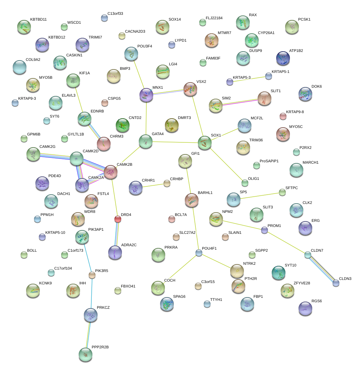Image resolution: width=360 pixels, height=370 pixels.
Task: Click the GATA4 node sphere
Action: click(x=145, y=141)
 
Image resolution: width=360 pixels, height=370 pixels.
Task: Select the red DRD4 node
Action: click(x=118, y=219)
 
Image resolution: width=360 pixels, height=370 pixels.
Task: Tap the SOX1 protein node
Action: click(x=205, y=142)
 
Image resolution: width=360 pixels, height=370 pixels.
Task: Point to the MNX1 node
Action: click(x=147, y=95)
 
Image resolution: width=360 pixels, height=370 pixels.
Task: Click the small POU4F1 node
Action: click(x=199, y=253)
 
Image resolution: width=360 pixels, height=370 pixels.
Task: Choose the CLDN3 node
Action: click(x=336, y=283)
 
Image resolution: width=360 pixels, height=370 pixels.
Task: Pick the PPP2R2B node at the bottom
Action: click(x=85, y=355)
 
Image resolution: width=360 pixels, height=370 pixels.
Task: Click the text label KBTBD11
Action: click(x=38, y=19)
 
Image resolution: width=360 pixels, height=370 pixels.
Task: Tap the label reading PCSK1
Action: click(x=304, y=20)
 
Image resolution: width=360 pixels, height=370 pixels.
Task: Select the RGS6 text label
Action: click(x=316, y=301)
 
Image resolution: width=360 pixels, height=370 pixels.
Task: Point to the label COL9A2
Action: click(x=33, y=59)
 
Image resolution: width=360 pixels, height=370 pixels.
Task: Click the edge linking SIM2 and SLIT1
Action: click(x=240, y=102)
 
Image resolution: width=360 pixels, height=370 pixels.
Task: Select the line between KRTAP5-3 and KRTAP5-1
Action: click(x=249, y=79)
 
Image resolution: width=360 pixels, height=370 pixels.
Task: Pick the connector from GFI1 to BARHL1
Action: click(x=188, y=181)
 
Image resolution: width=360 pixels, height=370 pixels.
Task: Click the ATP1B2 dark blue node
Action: click(x=283, y=58)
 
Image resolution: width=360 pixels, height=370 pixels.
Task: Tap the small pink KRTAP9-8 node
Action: click(x=283, y=116)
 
